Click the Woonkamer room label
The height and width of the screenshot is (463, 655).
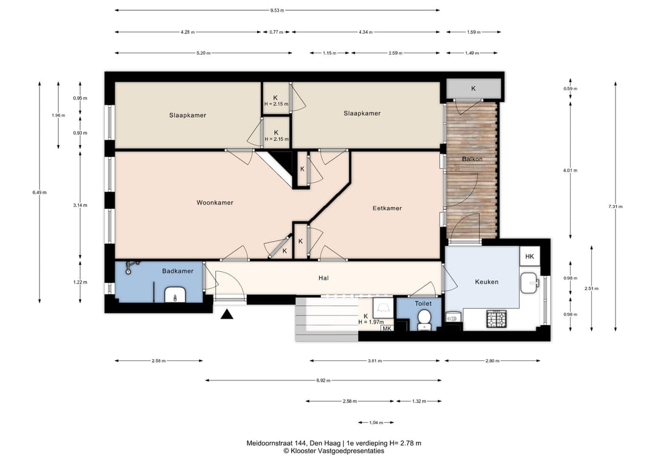pyautogui.click(x=215, y=203)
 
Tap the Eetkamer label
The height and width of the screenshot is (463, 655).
pyautogui.click(x=387, y=208)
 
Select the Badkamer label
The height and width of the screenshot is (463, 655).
pyautogui.click(x=178, y=271)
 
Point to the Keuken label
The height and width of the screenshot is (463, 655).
pyautogui.click(x=486, y=282)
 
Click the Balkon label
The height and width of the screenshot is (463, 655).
pyautogui.click(x=472, y=159)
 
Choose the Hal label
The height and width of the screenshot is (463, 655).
pyautogui.click(x=323, y=278)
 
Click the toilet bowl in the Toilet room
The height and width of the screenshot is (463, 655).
pyautogui.click(x=425, y=319)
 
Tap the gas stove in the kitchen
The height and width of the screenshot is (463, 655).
pyautogui.click(x=496, y=319)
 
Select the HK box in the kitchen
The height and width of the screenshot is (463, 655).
pyautogui.click(x=529, y=256)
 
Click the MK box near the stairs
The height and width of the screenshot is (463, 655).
pyautogui.click(x=387, y=328)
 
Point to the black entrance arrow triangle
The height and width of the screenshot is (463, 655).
pyautogui.click(x=227, y=314)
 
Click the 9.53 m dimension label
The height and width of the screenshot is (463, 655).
pyautogui.click(x=277, y=10)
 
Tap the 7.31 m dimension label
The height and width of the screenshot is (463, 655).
pyautogui.click(x=616, y=206)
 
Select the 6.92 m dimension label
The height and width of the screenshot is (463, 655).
pyautogui.click(x=323, y=380)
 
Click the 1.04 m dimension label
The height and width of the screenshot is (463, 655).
pyautogui.click(x=376, y=422)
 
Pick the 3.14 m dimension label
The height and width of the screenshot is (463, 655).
pyautogui.click(x=80, y=205)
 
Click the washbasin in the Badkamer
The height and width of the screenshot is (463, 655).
pyautogui.click(x=175, y=294)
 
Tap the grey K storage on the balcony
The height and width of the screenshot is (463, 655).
pyautogui.click(x=474, y=89)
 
